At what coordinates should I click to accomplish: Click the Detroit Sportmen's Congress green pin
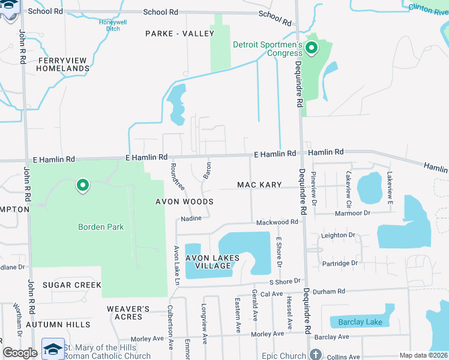click(x=312, y=47)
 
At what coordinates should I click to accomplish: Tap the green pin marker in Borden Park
click(x=83, y=186)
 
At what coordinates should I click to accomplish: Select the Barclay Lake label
click(x=360, y=322)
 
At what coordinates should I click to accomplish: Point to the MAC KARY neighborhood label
click(x=259, y=185)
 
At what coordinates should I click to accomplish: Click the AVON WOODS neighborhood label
click(x=184, y=202)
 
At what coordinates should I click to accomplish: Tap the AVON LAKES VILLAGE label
click(x=212, y=262)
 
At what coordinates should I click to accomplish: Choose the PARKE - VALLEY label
click(x=179, y=34)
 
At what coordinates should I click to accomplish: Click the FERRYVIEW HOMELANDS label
click(x=62, y=64)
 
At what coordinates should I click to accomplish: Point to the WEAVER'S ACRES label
click(x=128, y=313)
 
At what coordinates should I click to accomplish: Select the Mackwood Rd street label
click(x=277, y=222)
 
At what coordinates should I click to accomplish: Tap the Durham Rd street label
click(x=333, y=292)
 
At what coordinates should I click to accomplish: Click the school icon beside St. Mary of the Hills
click(x=53, y=349)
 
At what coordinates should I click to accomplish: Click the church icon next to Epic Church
click(x=315, y=355)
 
